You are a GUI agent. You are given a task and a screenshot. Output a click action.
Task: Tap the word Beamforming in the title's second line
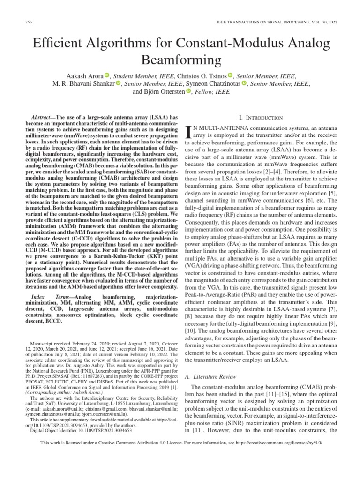[180, 60]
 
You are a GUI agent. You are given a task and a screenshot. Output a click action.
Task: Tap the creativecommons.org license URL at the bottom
[280, 442]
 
